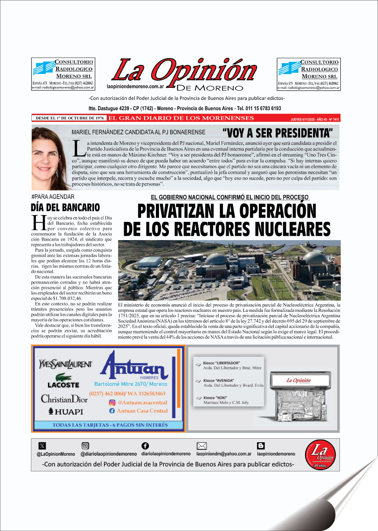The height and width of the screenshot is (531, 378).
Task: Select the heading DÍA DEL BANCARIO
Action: coord(65,207)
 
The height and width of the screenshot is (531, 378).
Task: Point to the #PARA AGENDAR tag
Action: coord(53,197)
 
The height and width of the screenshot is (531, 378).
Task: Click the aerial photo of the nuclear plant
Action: coord(229,270)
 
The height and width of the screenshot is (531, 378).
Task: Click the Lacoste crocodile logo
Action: coord(64,378)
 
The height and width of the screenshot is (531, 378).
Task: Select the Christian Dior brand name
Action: coord(64,398)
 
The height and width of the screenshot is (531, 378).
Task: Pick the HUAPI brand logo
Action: coord(65,411)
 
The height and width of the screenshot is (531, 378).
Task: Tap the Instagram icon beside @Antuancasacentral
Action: coord(112,402)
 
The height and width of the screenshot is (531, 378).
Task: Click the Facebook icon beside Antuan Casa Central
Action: coord(112,410)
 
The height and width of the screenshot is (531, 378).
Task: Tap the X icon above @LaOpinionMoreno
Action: coord(43,445)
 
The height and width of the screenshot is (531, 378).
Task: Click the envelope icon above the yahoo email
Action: coord(202,445)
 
